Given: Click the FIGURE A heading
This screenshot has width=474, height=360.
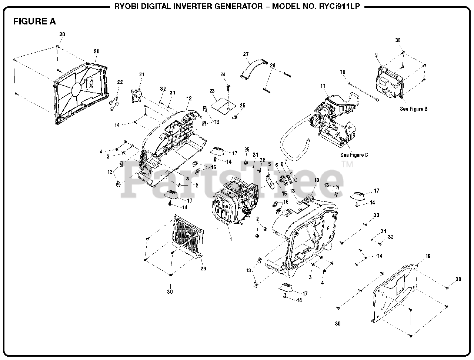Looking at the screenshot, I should pos(34,21).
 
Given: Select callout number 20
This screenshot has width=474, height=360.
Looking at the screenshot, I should pos(96,51).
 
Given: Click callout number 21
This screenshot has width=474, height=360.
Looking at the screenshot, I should pos(141,74).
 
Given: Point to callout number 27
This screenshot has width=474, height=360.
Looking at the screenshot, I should pos(246,54).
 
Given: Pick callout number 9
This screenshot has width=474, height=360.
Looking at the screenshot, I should pos(376,55).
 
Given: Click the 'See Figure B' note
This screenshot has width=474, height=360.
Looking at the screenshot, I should pos(414,109).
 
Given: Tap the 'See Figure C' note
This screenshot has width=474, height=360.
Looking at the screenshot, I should pos(354,155).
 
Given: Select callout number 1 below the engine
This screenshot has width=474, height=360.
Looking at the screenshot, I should pos(231,239).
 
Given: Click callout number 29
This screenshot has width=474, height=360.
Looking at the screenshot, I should pos(203,269).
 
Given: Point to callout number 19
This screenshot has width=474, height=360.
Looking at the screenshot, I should pos(428,256).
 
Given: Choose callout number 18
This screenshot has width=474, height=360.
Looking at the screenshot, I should pos(316,180).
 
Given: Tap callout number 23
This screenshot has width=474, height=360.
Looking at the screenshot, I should pos(212,91).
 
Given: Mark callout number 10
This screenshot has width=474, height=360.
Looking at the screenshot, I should pos(343,71).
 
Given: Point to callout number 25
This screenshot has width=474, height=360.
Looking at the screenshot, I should pos(247,149).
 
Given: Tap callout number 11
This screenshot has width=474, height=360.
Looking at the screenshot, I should pos(323,86).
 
